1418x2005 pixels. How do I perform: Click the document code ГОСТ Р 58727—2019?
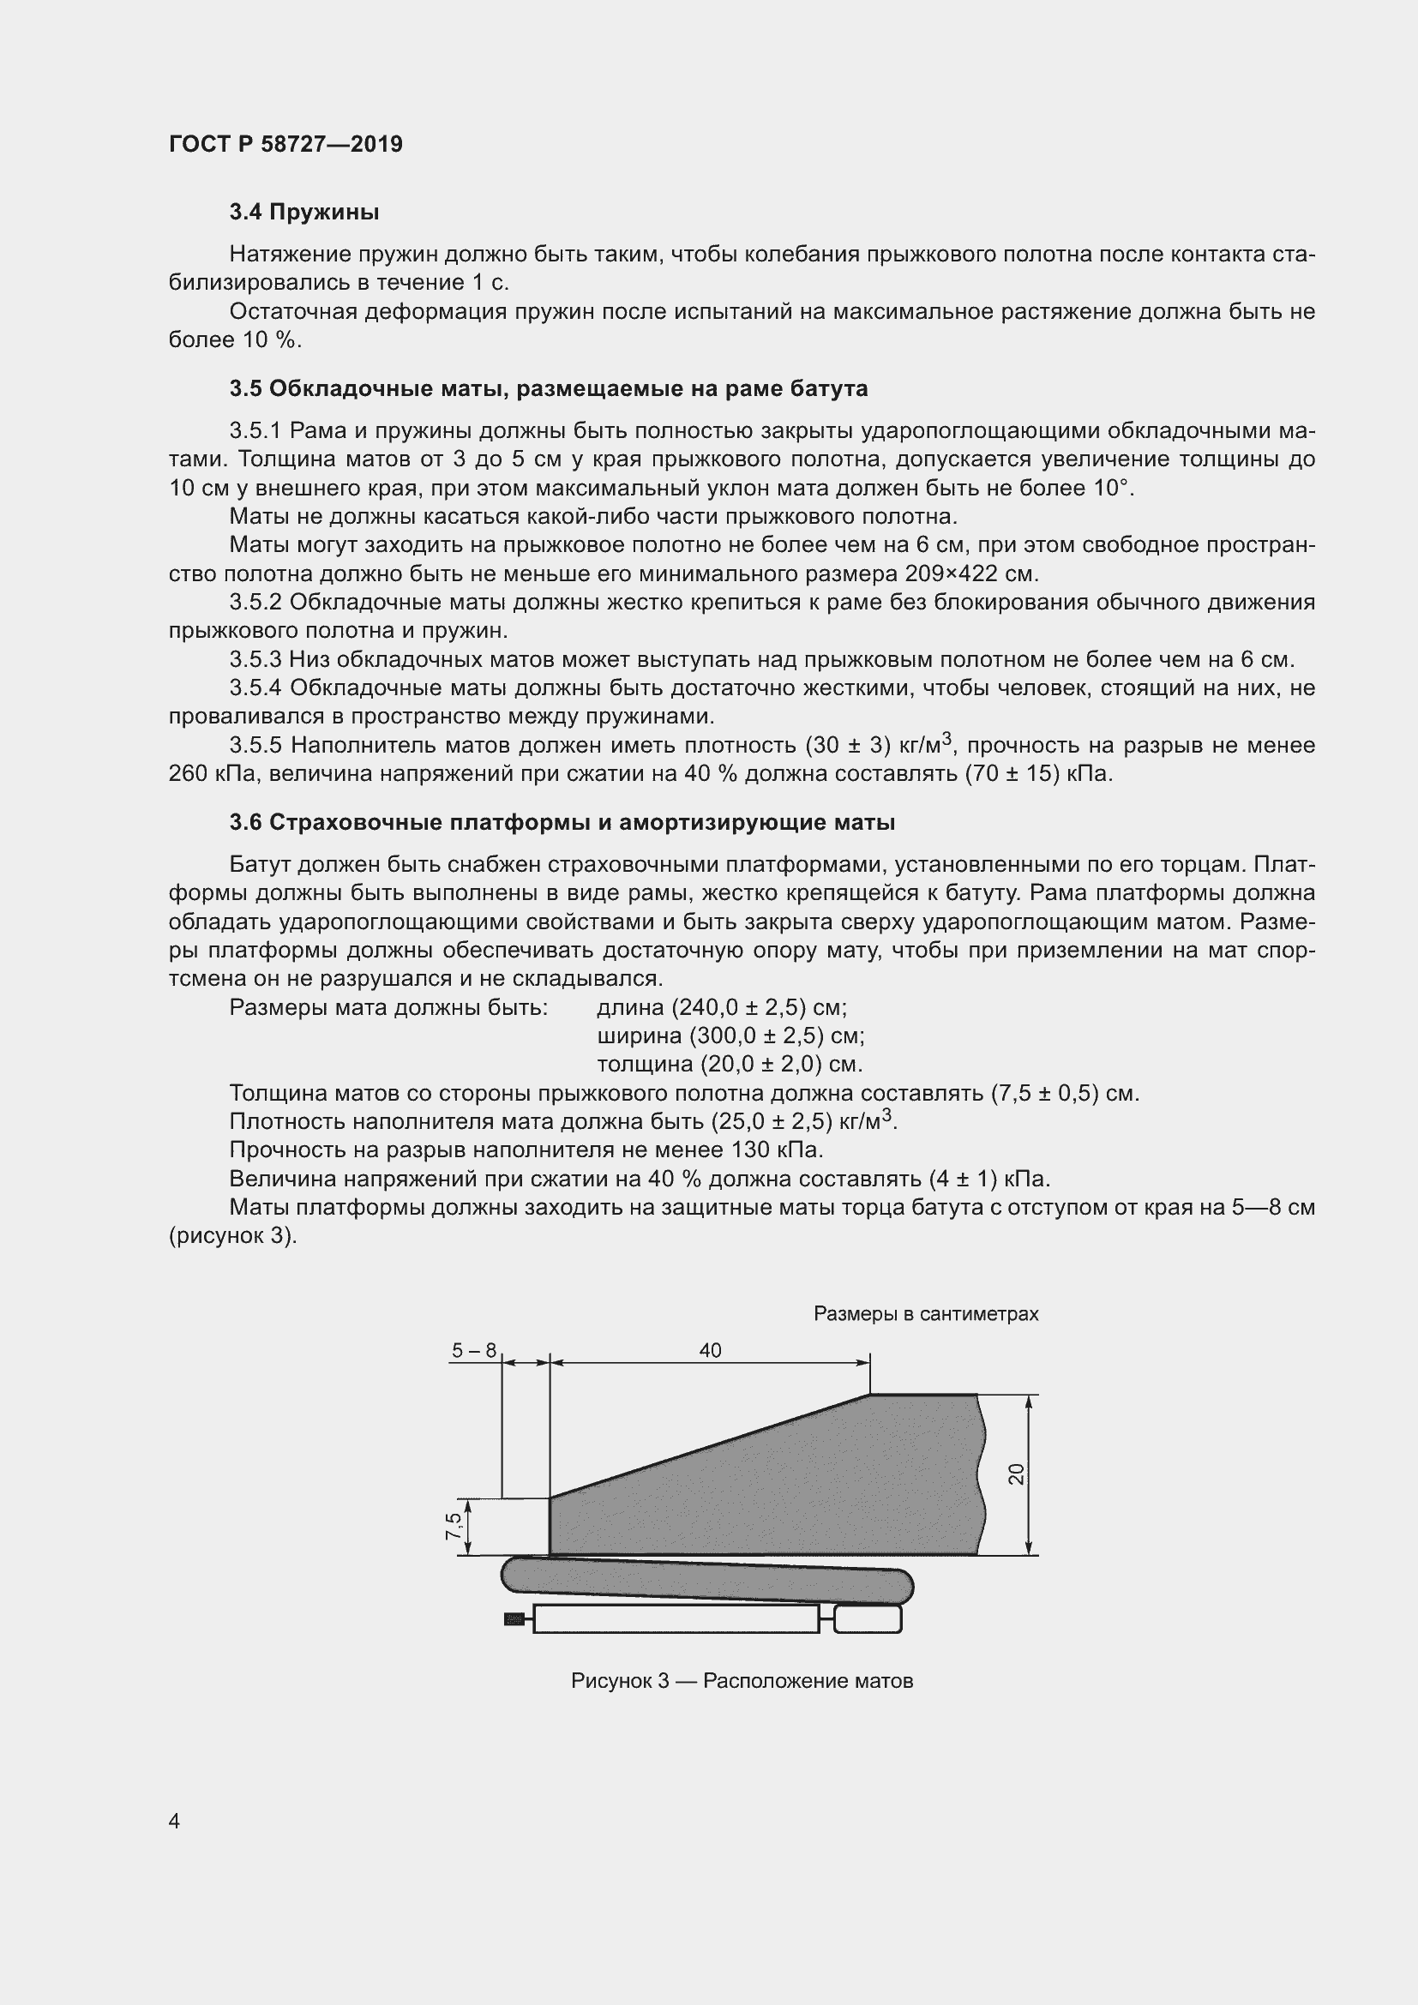(x=285, y=144)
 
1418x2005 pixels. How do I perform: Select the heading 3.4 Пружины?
(x=303, y=213)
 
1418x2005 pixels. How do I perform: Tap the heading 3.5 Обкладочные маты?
(x=549, y=388)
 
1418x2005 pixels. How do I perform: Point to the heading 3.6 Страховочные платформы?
(x=562, y=823)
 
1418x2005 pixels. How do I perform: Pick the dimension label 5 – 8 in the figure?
(x=473, y=1351)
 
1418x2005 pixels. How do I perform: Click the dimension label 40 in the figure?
(x=710, y=1351)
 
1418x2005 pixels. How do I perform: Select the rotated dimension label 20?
(x=1015, y=1474)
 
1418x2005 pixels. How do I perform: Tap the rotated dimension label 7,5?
(x=454, y=1527)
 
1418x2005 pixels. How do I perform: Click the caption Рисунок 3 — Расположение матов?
(x=742, y=1681)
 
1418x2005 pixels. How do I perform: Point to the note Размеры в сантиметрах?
(x=926, y=1314)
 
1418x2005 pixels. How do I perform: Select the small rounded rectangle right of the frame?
(x=867, y=1620)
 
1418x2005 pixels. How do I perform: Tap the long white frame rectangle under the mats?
(x=675, y=1620)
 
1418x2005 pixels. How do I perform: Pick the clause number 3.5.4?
(x=255, y=688)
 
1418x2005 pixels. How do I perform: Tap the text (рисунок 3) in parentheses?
(x=233, y=1237)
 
